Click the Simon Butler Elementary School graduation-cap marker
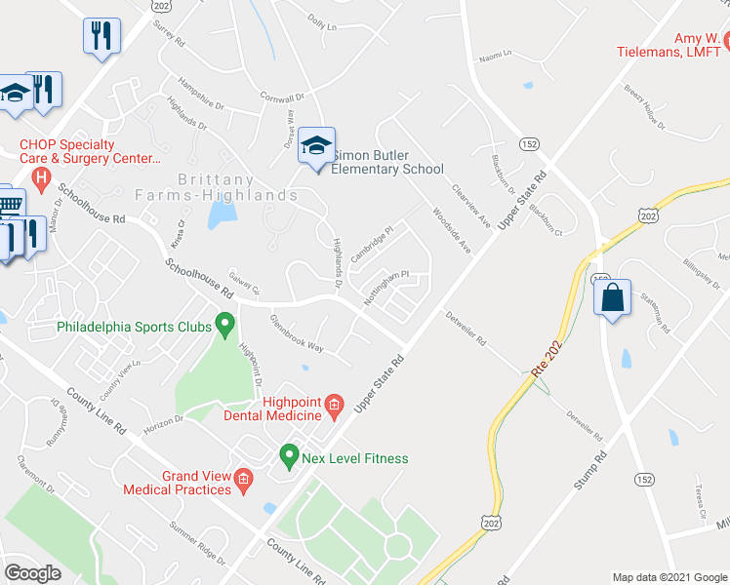point(316,147)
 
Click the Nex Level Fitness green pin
point(289,454)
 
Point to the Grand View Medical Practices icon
point(243,478)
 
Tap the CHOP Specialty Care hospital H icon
point(40,177)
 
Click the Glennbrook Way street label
point(297,332)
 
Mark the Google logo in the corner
point(32,572)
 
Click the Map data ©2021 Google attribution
point(669,577)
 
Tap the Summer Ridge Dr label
point(197,541)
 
